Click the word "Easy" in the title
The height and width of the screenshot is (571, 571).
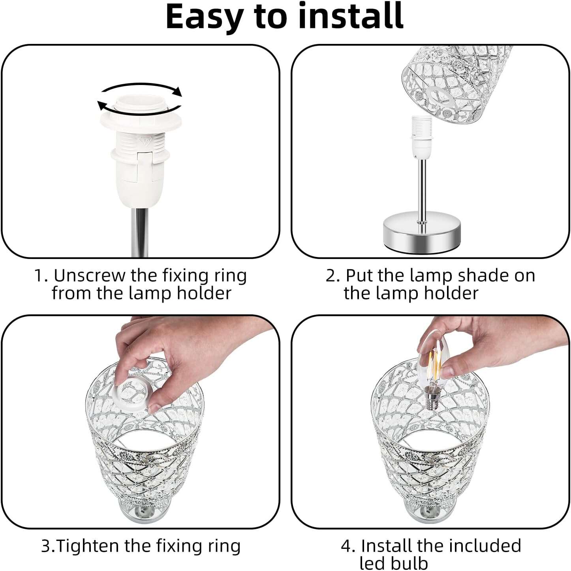tap(205, 17)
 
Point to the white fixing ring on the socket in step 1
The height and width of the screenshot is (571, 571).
tap(141, 121)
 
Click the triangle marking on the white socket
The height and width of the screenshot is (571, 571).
tap(145, 140)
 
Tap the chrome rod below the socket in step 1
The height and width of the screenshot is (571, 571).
tap(139, 233)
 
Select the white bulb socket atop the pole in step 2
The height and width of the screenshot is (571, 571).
tap(421, 137)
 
